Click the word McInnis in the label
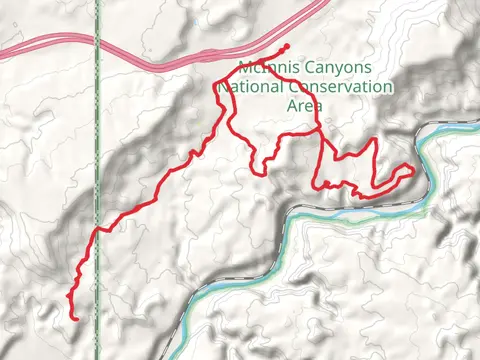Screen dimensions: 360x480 (267, 68)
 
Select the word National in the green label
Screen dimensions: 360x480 (250, 87)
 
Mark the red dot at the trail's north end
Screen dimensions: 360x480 (287, 47)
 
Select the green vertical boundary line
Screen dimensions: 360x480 (97, 150)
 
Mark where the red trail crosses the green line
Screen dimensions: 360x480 (97, 232)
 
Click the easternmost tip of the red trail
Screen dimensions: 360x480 (412, 169)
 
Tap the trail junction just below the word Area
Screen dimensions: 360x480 (318, 129)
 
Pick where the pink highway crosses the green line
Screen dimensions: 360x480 (97, 40)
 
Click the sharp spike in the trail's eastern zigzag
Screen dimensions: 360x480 (373, 140)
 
